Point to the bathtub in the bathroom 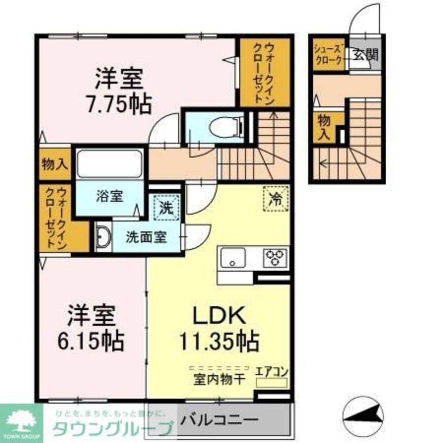[109, 164]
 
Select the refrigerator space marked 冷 [276, 197]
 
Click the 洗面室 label [146, 237]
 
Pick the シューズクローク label [328, 54]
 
